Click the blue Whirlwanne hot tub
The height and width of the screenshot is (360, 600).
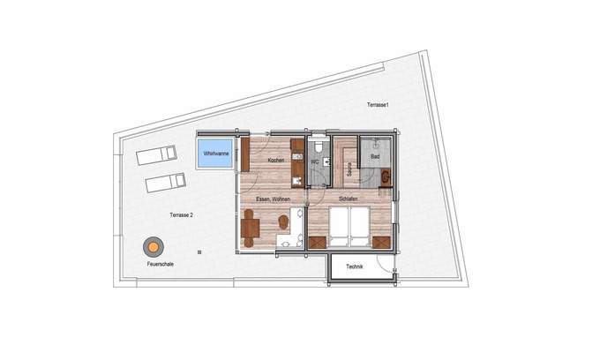coord(214,154)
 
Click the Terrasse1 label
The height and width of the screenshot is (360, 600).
coord(379,105)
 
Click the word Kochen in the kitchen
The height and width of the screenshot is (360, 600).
coord(276,160)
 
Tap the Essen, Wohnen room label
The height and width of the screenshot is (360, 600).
coord(273,200)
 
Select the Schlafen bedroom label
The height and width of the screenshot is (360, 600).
coord(348,199)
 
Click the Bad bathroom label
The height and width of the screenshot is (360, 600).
coord(375,157)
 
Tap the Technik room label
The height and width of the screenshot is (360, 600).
coord(355,266)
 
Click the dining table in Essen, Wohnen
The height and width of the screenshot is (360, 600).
coord(251,229)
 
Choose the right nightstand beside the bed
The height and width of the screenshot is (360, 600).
coord(382,240)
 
